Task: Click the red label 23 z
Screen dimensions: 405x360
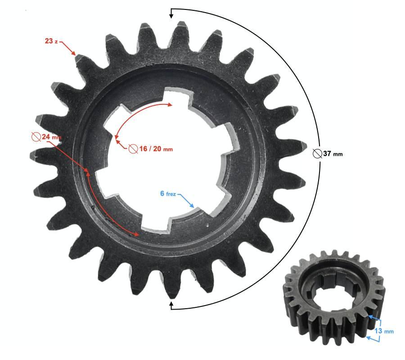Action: pos(51,41)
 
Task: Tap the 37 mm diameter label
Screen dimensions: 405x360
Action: pos(328,153)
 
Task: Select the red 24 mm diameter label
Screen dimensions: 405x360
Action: pos(46,137)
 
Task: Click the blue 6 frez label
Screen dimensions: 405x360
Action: pos(168,193)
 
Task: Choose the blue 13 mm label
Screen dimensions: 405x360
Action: pos(384,331)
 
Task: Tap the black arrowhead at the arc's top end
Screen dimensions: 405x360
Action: pos(171,15)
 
